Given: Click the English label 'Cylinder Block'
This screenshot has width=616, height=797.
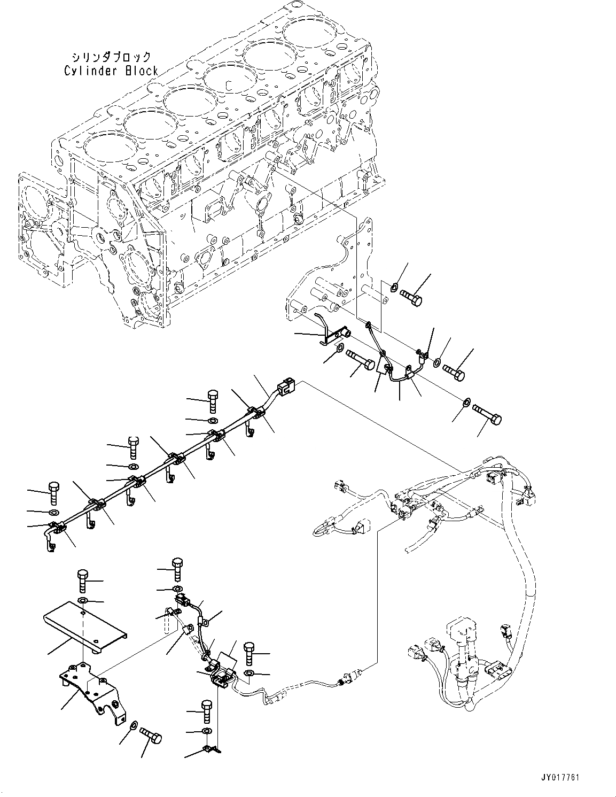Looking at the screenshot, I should pyautogui.click(x=111, y=71).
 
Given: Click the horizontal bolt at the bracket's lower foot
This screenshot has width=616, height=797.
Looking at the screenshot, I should pyautogui.click(x=151, y=736).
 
